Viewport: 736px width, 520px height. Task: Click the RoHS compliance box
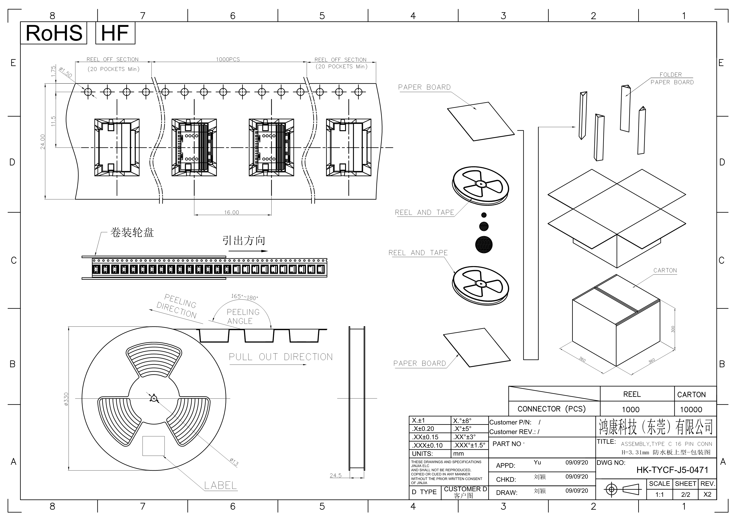click(x=54, y=33)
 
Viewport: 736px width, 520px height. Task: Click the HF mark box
click(x=115, y=33)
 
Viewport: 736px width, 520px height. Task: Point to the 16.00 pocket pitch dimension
click(x=231, y=212)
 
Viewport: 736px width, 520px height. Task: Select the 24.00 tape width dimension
click(x=43, y=142)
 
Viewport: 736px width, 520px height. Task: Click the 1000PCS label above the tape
click(x=228, y=59)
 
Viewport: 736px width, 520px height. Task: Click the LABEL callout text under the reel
click(x=221, y=485)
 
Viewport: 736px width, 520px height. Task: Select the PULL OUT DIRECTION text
click(x=281, y=357)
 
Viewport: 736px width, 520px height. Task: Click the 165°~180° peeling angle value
click(x=245, y=297)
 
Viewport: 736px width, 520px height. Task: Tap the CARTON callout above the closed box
click(x=665, y=270)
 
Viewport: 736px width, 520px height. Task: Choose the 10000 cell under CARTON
click(x=691, y=409)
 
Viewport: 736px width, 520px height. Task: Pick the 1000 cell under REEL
click(x=630, y=409)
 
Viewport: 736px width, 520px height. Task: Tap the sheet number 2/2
click(x=686, y=494)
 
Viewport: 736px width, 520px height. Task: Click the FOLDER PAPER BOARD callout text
click(x=672, y=78)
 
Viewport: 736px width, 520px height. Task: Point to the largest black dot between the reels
click(x=484, y=245)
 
